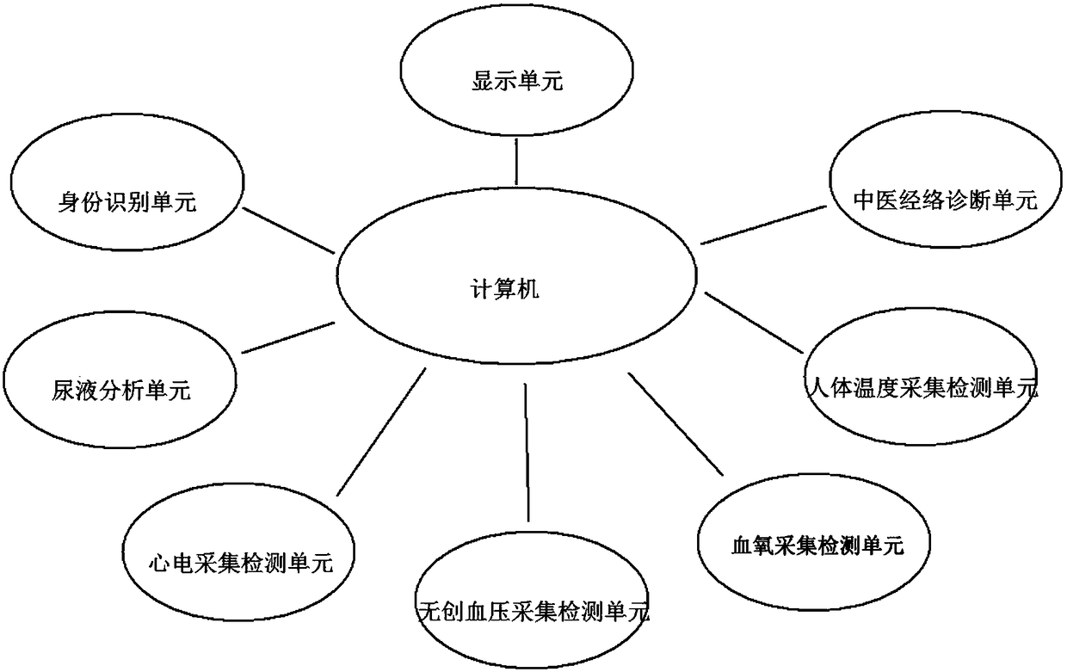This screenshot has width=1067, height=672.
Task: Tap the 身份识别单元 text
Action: click(x=127, y=203)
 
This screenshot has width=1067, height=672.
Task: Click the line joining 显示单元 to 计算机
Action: click(x=515, y=162)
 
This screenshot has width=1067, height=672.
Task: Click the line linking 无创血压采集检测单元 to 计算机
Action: click(x=527, y=453)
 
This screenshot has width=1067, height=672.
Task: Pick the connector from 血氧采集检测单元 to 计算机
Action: click(x=676, y=425)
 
